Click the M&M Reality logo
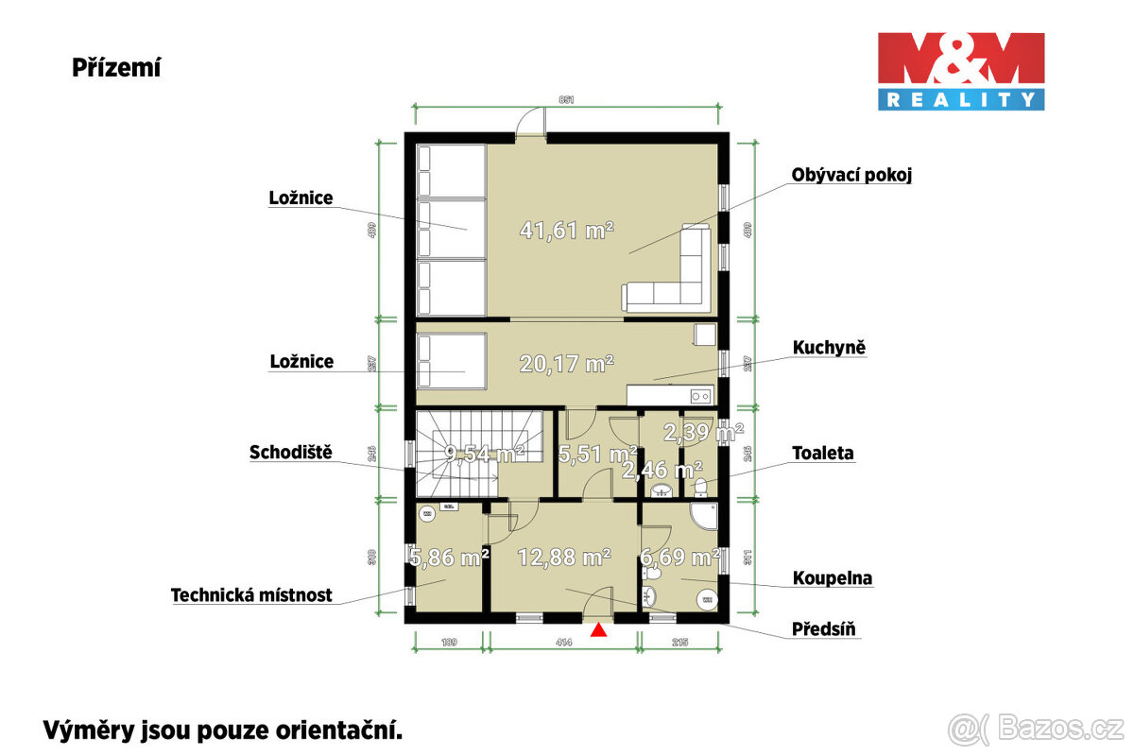(961, 71)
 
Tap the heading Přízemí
(116, 67)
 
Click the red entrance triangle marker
(598, 629)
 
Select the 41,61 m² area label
(567, 229)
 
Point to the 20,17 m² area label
(567, 361)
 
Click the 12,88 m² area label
(563, 557)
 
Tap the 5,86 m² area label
(449, 558)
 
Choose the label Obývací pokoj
(851, 175)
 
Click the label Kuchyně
(829, 348)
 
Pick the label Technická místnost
(251, 595)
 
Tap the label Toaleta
(823, 453)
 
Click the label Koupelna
(832, 577)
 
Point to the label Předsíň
(827, 628)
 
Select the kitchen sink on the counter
(699, 395)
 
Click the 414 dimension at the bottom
(565, 643)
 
